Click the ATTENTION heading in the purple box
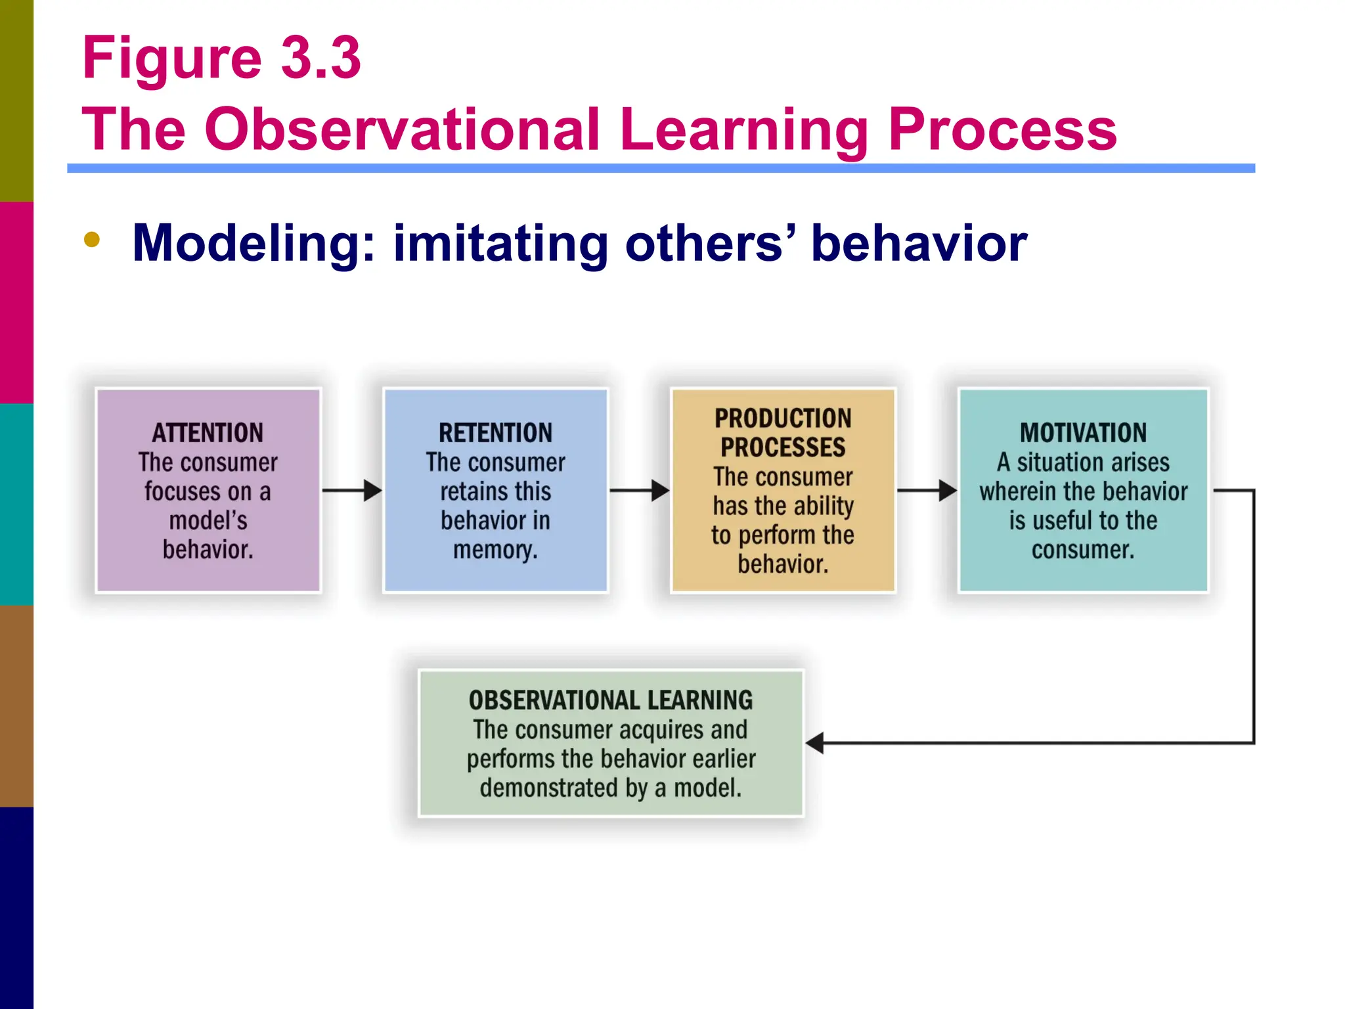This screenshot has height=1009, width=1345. coord(208,433)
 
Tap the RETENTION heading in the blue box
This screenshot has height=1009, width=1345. coord(495,433)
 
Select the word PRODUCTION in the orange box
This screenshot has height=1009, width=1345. coord(783,418)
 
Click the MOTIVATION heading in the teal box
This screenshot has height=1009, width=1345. coord(1083,433)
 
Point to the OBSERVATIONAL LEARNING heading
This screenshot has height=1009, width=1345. coord(611,700)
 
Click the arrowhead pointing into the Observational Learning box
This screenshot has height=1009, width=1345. coord(815,743)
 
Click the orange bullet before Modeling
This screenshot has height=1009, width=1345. coord(92,240)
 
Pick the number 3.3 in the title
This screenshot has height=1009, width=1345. coord(321,58)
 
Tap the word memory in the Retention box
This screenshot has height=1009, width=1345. coord(495,550)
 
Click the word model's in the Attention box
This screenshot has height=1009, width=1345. coord(208,520)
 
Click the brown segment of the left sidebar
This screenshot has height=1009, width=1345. coord(16,706)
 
